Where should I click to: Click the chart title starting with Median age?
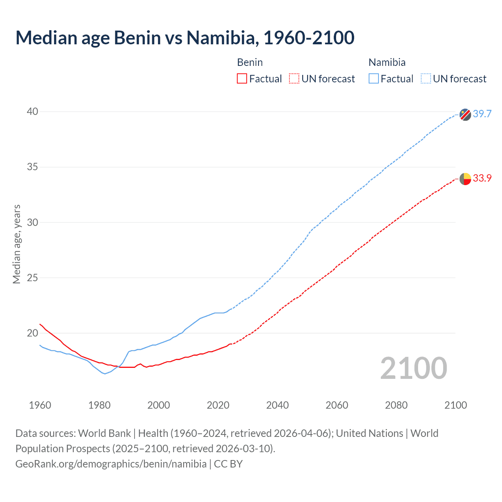(185, 38)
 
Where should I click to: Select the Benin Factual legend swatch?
(242, 79)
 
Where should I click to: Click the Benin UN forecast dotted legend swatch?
(294, 79)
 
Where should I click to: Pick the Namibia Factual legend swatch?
(374, 79)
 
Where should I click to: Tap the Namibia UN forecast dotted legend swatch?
(426, 79)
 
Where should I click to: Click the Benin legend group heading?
(250, 62)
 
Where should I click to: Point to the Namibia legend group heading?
(387, 62)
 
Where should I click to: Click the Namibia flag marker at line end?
(465, 115)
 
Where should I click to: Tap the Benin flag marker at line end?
(465, 179)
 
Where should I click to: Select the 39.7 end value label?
(482, 114)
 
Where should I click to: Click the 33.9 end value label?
(482, 178)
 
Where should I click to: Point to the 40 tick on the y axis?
(33, 112)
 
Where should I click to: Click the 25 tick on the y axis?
(33, 278)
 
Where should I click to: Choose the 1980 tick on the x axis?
(99, 405)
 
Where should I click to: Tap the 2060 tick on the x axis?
(337, 405)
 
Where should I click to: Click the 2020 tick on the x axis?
(218, 405)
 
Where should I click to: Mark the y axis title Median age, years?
(17, 244)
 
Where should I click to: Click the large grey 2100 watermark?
(414, 368)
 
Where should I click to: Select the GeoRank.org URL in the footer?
(111, 464)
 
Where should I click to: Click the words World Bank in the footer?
(104, 433)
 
